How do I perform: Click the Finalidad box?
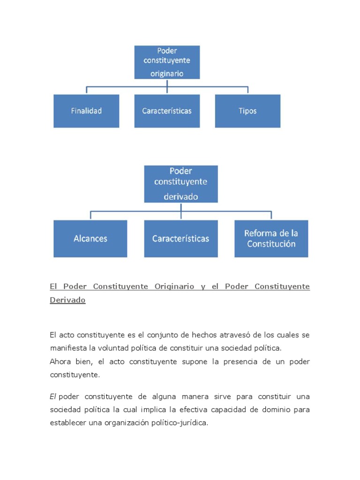point(86,111)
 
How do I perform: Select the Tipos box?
point(247,111)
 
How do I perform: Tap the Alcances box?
point(90,239)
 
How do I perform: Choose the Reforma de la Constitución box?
point(271,239)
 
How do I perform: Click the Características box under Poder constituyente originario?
point(167,111)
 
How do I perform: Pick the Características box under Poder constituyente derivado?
point(181,239)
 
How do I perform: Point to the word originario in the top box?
point(167,74)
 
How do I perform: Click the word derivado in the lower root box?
point(181,197)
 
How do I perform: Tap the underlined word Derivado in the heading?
point(67,300)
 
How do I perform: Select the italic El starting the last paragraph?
point(53,397)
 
